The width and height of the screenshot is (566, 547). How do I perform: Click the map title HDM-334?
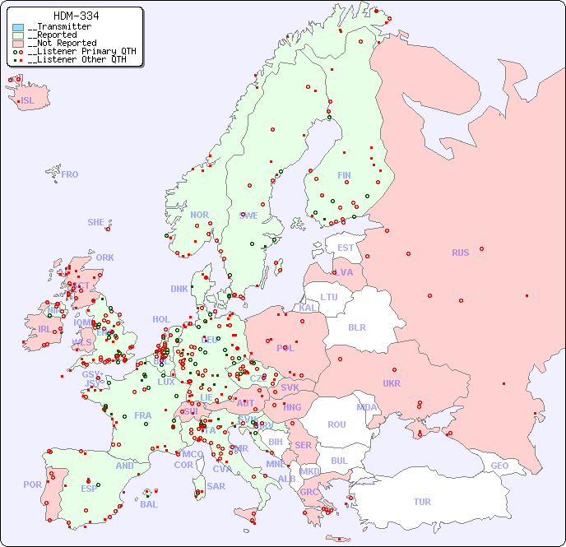click(x=76, y=16)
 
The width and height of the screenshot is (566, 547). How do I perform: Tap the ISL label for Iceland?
click(x=27, y=101)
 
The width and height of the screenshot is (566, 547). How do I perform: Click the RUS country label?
click(x=460, y=253)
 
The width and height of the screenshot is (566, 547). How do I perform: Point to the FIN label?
click(x=344, y=175)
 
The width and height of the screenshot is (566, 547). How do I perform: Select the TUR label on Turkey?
click(x=422, y=502)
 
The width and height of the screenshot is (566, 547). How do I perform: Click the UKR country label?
click(x=392, y=383)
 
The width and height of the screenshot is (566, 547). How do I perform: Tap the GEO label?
click(x=499, y=466)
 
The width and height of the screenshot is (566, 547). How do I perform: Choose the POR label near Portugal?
click(x=32, y=484)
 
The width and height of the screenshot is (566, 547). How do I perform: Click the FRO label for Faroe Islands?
click(x=70, y=174)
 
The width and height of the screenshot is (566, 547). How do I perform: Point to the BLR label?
click(x=357, y=327)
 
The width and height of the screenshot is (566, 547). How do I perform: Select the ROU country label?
click(x=336, y=424)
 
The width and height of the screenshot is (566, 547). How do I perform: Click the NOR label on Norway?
click(x=199, y=215)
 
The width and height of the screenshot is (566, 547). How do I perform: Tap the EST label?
click(x=346, y=248)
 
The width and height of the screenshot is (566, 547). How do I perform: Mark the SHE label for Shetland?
click(x=96, y=222)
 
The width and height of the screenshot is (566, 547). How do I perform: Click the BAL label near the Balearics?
click(x=148, y=504)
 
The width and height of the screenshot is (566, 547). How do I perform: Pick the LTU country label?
click(x=329, y=297)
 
